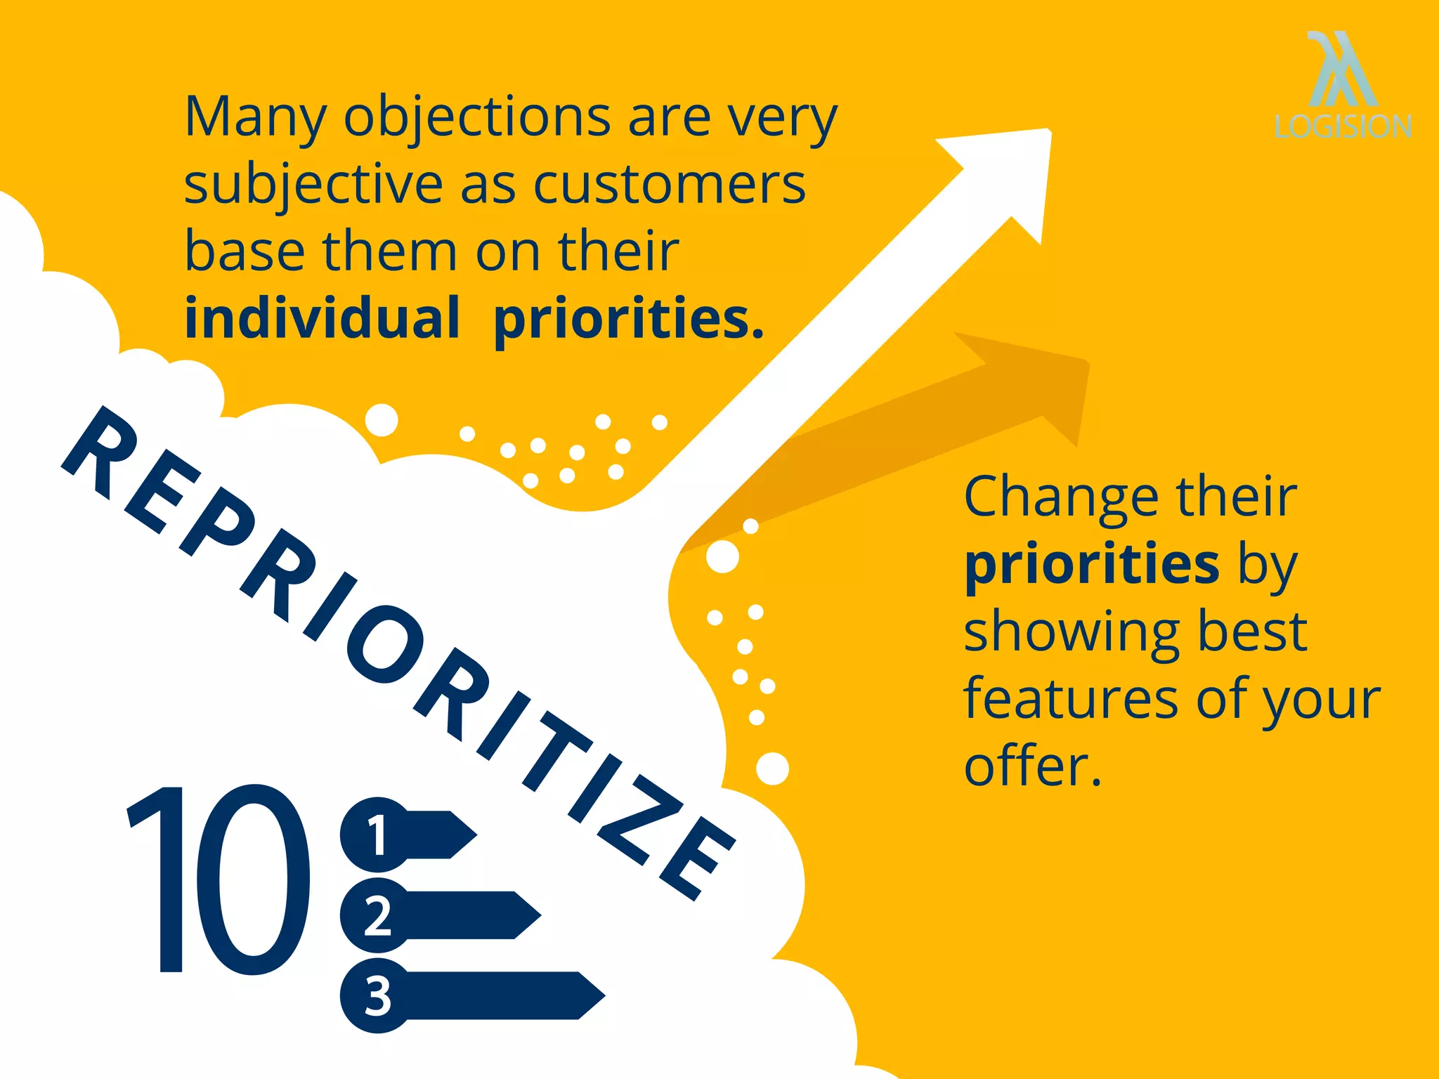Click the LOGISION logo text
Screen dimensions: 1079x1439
(x=1343, y=127)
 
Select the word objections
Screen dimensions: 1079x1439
(x=477, y=117)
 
